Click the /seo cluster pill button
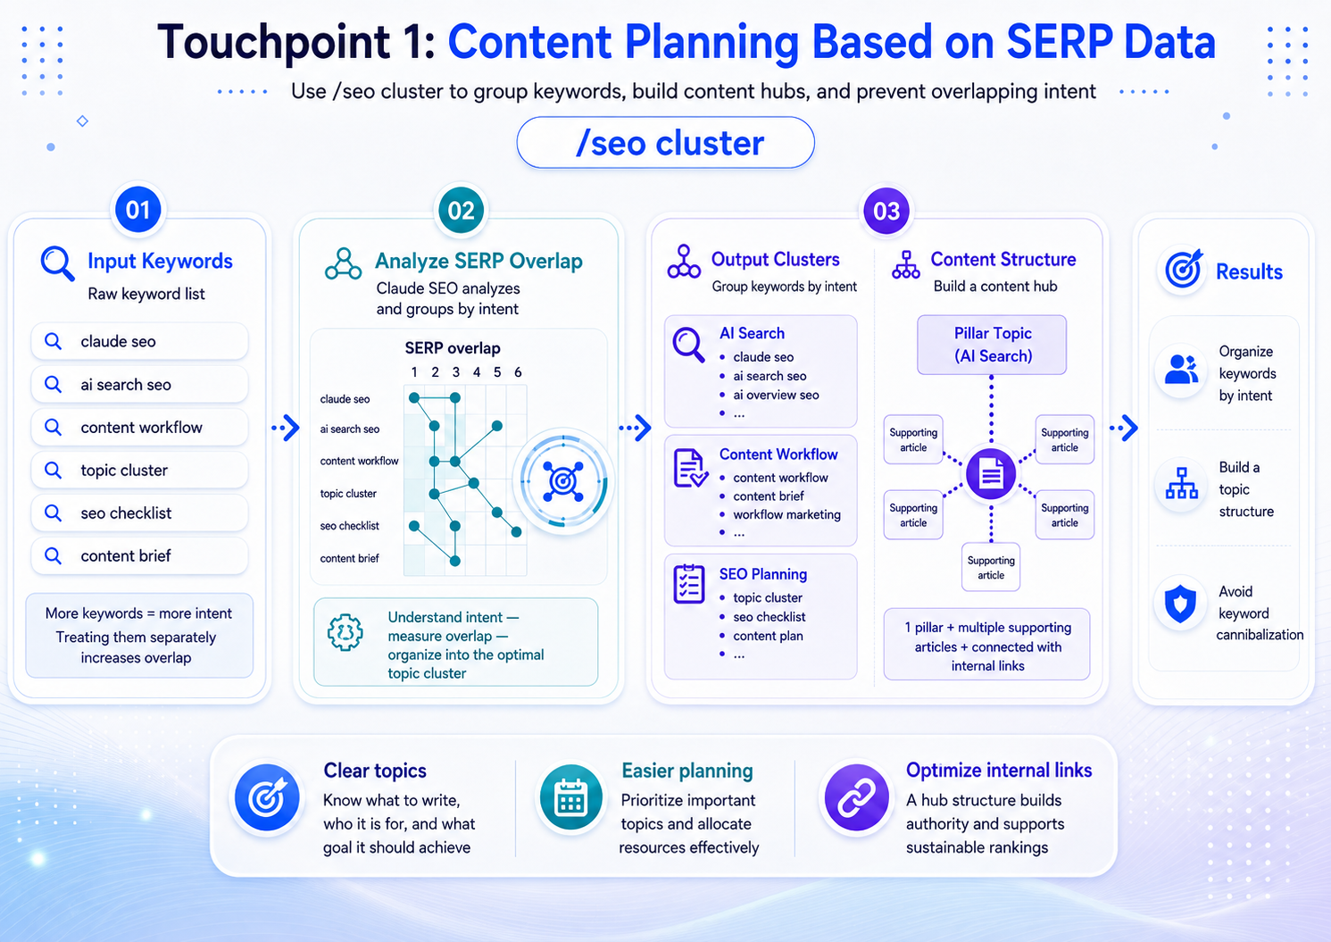(666, 143)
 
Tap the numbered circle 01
(137, 210)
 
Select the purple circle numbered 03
(886, 211)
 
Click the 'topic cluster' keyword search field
(139, 471)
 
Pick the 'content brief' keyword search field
(139, 555)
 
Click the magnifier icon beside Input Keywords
(58, 263)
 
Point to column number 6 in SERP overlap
(518, 372)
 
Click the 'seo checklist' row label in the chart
(349, 526)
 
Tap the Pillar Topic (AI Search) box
(992, 345)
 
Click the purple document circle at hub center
(991, 474)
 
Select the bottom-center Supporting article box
(991, 567)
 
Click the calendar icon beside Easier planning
(570, 797)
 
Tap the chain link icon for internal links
(856, 797)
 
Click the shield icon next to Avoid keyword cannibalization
(1180, 604)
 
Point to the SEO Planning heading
(763, 574)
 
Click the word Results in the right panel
(1249, 271)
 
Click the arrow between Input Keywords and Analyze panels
(286, 428)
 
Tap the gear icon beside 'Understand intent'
(345, 632)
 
